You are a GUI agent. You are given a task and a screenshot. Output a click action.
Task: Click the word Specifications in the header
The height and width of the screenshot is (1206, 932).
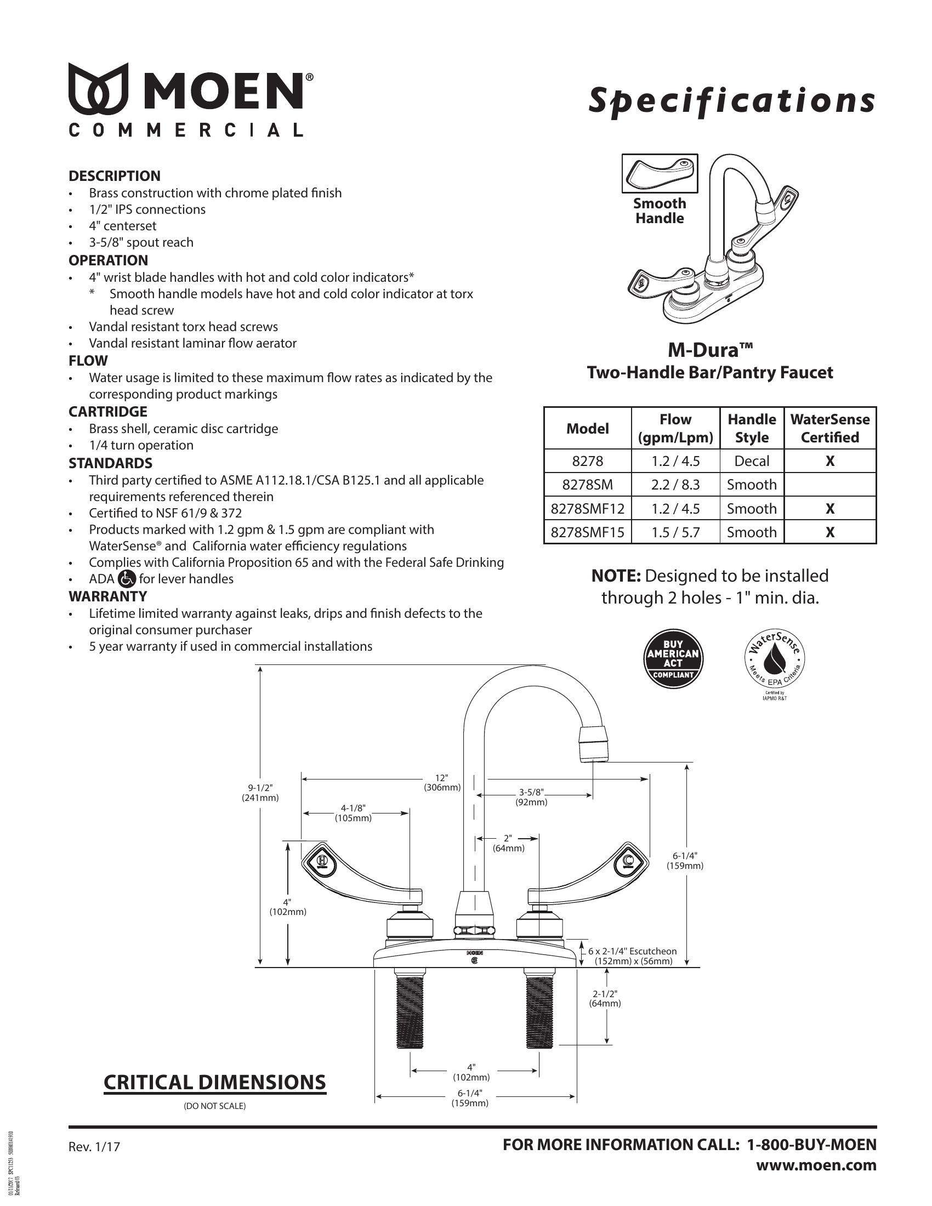pos(731,100)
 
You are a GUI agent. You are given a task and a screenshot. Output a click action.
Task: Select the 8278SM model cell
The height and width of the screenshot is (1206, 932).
pos(588,485)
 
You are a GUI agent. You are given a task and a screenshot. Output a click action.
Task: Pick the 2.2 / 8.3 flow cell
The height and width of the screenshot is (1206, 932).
pos(675,485)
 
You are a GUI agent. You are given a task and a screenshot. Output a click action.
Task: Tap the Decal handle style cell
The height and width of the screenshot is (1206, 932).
pos(752,461)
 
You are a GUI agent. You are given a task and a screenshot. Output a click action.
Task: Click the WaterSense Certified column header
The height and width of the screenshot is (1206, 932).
pos(829,428)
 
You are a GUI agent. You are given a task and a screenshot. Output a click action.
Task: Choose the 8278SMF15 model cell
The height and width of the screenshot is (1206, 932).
pos(588,532)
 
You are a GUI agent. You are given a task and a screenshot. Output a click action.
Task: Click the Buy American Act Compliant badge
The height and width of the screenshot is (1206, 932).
pos(673,659)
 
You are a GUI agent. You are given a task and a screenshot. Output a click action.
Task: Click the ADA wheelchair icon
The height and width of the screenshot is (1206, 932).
pos(127,578)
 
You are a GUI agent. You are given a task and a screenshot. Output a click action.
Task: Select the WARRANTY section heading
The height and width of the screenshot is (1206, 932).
pos(107,596)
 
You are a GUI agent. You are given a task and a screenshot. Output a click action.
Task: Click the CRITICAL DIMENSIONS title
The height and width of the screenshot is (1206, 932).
pos(215,1082)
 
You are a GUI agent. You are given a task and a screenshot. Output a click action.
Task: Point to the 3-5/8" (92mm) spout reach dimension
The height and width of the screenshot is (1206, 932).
pos(531,798)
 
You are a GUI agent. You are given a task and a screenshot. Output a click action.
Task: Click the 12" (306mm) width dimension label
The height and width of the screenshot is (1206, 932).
pos(442,783)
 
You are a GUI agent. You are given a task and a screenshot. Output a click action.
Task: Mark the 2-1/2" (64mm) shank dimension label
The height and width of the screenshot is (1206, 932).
pos(605,998)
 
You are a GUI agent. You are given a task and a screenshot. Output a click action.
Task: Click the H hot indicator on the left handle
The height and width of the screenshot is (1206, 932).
pos(321,861)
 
